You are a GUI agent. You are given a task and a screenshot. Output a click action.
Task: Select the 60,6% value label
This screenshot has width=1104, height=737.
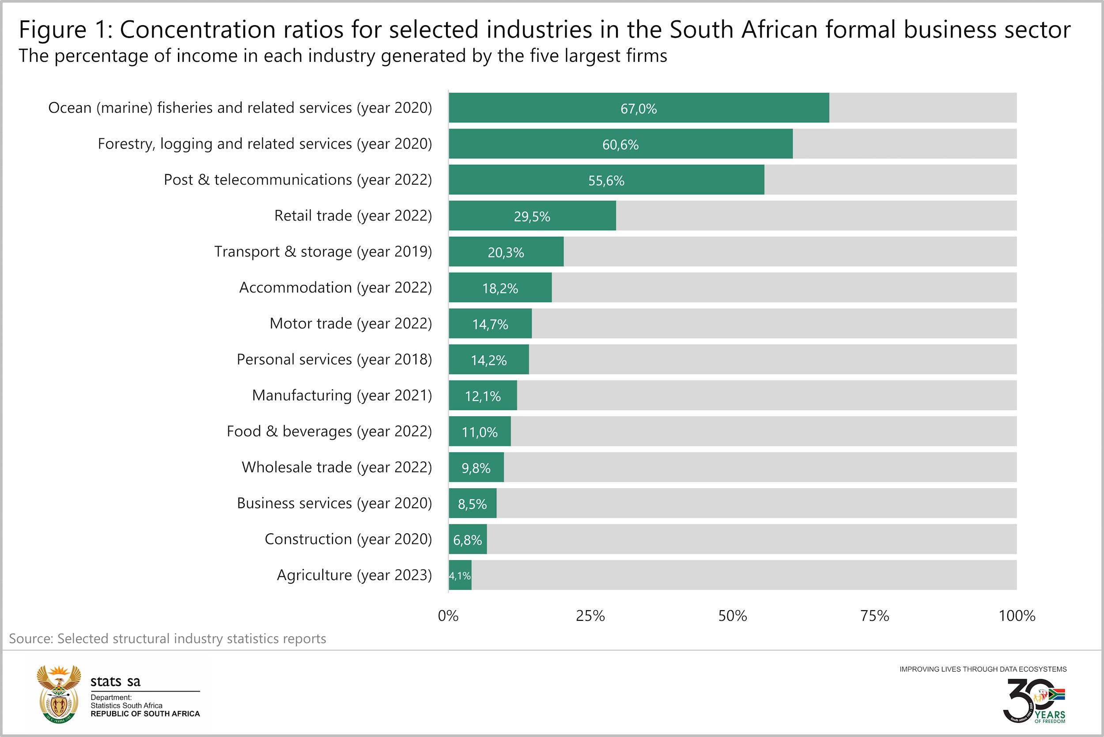pyautogui.click(x=620, y=145)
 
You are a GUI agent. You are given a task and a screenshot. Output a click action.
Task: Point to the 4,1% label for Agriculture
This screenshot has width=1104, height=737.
pyautogui.click(x=459, y=576)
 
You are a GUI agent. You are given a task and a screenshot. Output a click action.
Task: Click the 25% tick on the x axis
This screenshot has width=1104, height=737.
pyautogui.click(x=590, y=616)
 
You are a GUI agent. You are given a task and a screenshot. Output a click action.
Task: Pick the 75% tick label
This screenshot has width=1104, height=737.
pyautogui.click(x=874, y=616)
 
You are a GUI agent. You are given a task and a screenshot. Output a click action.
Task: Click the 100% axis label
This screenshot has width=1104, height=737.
pyautogui.click(x=1017, y=616)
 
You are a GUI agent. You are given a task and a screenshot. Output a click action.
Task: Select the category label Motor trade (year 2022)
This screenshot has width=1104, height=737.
pyautogui.click(x=351, y=323)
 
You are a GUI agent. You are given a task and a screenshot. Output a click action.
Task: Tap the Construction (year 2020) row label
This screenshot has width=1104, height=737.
pyautogui.click(x=348, y=539)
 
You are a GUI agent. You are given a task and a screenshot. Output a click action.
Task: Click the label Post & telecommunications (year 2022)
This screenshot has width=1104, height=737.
pyautogui.click(x=297, y=179)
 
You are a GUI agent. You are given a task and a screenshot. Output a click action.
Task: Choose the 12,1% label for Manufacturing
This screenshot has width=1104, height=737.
pyautogui.click(x=483, y=396)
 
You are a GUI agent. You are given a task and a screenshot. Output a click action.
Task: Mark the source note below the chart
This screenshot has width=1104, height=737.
pyautogui.click(x=167, y=639)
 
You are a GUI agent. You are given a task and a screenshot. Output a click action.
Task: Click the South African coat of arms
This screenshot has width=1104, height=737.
pyautogui.click(x=58, y=694)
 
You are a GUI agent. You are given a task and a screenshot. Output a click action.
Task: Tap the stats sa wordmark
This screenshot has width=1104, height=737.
pyautogui.click(x=115, y=681)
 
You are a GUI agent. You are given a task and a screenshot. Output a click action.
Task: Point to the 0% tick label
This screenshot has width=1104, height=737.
pyautogui.click(x=448, y=616)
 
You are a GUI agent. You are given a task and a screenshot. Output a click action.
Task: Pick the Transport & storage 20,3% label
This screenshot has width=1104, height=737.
pyautogui.click(x=506, y=253)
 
